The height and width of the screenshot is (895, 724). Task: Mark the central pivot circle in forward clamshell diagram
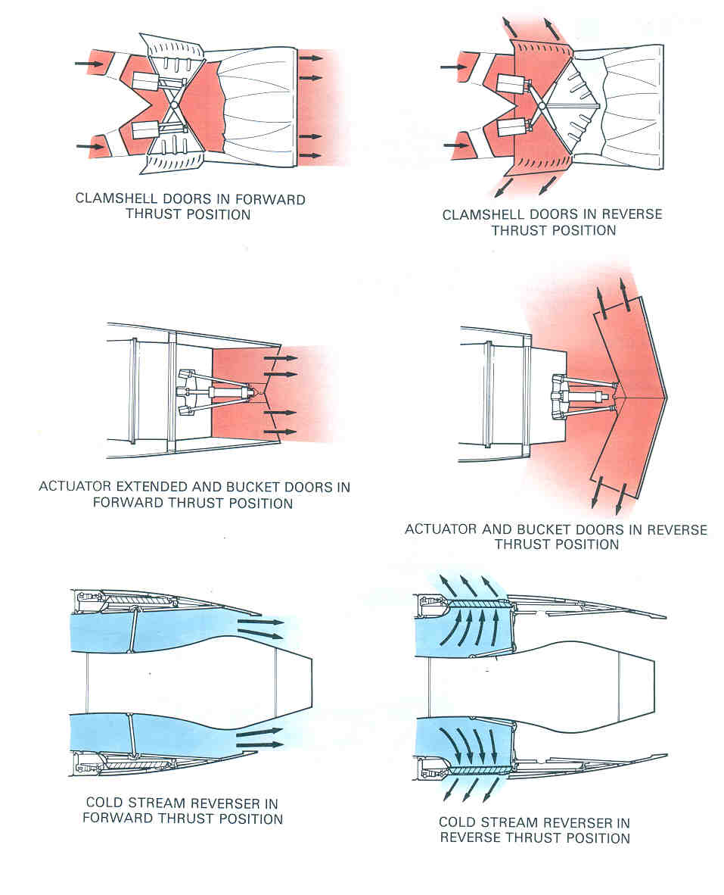(173, 105)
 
